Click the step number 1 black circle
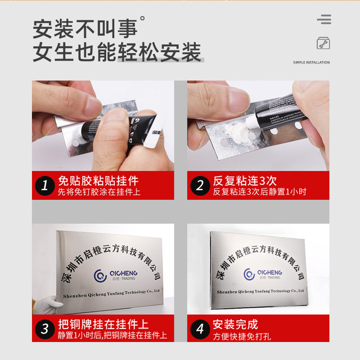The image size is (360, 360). (x=44, y=186)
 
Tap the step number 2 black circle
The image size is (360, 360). (x=199, y=186)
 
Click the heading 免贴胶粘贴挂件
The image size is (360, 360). (x=98, y=181)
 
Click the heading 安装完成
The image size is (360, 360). (x=235, y=325)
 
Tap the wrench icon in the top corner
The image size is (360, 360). (x=323, y=43)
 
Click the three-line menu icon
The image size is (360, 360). (x=323, y=20)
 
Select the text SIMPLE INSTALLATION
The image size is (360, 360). (x=311, y=62)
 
